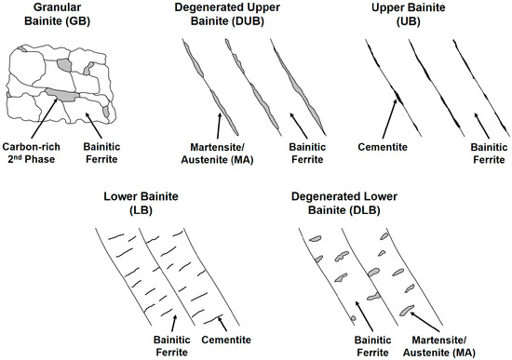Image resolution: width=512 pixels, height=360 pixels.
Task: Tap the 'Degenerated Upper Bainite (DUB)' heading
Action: point(229,16)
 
